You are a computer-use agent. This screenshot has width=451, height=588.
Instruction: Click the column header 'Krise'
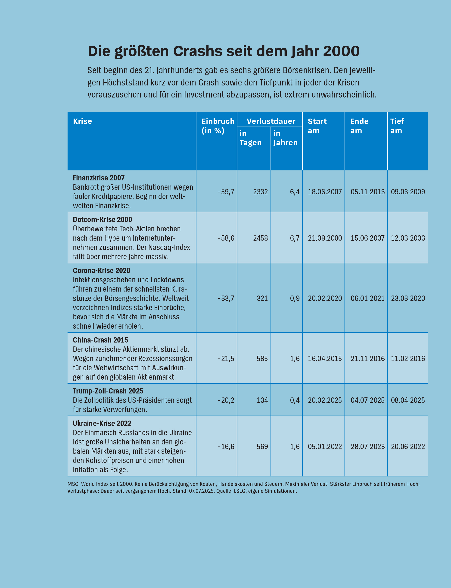82,121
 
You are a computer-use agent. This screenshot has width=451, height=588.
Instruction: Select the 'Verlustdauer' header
271,121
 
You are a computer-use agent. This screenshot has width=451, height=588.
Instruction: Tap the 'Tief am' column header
397,126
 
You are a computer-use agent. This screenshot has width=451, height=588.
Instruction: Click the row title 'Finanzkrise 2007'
99,178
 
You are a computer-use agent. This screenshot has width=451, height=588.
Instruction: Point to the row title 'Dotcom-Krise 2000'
102,220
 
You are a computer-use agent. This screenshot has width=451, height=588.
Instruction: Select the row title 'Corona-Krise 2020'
102,270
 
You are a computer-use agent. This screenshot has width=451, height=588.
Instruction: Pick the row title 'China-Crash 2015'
100,340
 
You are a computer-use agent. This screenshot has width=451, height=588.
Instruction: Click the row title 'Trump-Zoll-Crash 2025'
108,391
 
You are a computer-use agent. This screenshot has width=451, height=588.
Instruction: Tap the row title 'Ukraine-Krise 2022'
102,423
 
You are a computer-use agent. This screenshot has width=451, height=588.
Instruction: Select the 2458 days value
260,238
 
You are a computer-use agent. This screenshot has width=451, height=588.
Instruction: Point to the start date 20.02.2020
325,299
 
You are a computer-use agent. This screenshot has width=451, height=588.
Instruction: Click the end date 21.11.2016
367,358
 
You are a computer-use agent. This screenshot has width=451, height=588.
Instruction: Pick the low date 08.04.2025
408,400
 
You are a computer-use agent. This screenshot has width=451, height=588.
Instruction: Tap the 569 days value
262,447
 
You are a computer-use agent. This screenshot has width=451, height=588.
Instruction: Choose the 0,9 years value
295,299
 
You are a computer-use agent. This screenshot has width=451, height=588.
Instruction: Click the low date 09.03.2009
408,192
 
